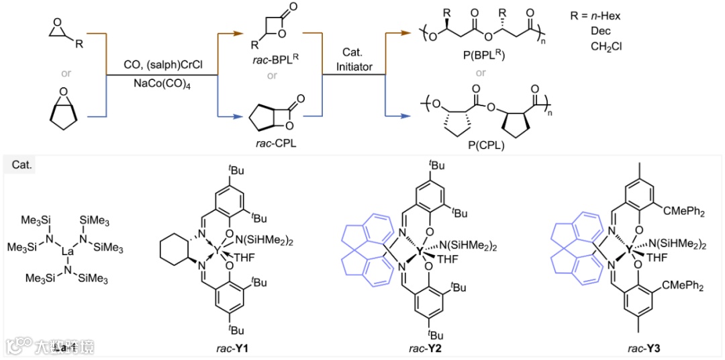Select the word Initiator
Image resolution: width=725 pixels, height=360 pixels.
pos(354,67)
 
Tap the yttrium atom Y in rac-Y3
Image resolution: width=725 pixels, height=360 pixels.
pos(630,250)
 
